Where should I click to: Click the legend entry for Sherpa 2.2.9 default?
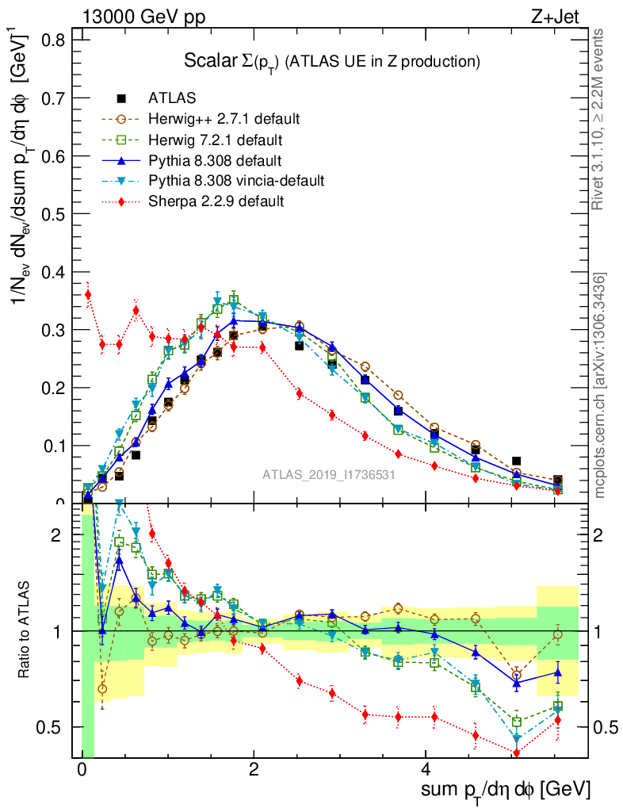click(x=216, y=201)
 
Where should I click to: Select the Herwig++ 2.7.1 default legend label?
click(x=224, y=119)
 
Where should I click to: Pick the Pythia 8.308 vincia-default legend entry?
click(x=236, y=181)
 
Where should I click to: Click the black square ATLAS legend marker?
click(x=121, y=98)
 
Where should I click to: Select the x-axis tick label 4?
click(x=426, y=770)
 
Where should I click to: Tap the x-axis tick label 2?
click(x=254, y=770)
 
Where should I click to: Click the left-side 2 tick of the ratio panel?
click(x=56, y=535)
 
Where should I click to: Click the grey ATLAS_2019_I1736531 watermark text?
click(x=329, y=475)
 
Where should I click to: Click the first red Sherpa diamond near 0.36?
click(x=88, y=294)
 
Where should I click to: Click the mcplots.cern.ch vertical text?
click(x=600, y=385)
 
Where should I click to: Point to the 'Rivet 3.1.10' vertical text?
click(x=600, y=119)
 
